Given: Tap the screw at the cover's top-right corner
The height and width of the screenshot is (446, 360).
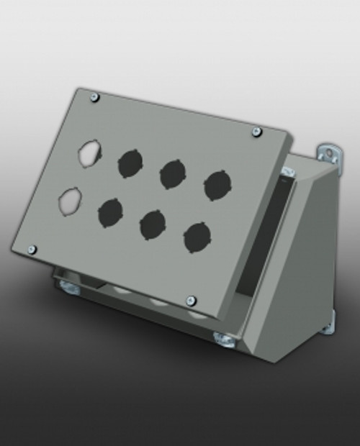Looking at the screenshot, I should (256, 131).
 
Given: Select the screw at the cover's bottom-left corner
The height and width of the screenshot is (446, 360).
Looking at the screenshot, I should (32, 249).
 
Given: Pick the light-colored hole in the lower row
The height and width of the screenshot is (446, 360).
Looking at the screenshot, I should (71, 201).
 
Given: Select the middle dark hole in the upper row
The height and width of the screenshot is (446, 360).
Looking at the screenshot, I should (173, 173).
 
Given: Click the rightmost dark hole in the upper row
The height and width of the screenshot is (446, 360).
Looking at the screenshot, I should (217, 186).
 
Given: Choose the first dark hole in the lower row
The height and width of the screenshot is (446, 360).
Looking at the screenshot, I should (110, 212).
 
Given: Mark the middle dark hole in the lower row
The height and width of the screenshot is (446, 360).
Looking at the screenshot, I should (152, 224).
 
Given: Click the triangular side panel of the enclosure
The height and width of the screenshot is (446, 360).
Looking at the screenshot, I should (302, 259).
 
